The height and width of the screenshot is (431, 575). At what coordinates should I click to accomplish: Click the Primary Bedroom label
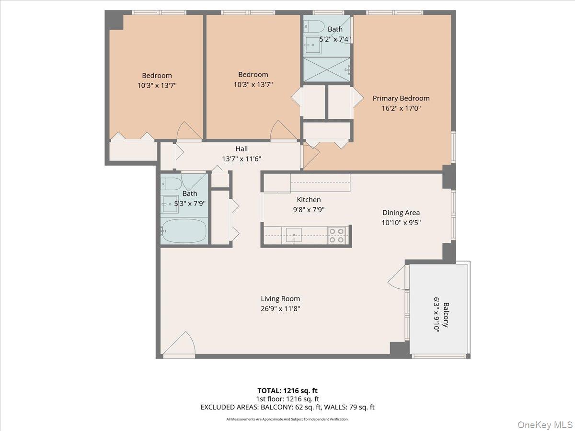pyautogui.click(x=401, y=98)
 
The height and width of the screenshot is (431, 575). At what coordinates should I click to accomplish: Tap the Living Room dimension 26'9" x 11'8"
pyautogui.click(x=281, y=308)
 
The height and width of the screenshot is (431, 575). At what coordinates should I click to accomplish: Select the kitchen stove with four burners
pyautogui.click(x=337, y=235)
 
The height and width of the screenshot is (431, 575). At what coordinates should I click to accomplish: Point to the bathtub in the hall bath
pyautogui.click(x=184, y=231)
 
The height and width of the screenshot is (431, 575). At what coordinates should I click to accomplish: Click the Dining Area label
pyautogui.click(x=401, y=213)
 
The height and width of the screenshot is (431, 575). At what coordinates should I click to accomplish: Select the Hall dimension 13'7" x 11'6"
pyautogui.click(x=241, y=159)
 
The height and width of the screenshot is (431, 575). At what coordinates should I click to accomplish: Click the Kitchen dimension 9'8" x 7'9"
pyautogui.click(x=309, y=209)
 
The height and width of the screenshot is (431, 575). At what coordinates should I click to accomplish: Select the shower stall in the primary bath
pyautogui.click(x=327, y=69)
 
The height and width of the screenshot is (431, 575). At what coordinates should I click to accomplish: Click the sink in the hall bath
pyautogui.click(x=170, y=204)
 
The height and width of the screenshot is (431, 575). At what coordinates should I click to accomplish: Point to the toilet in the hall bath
pyautogui.click(x=170, y=183)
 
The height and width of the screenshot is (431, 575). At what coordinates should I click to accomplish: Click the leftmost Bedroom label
pyautogui.click(x=157, y=76)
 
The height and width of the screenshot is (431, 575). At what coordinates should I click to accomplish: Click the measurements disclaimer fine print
pyautogui.click(x=287, y=419)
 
